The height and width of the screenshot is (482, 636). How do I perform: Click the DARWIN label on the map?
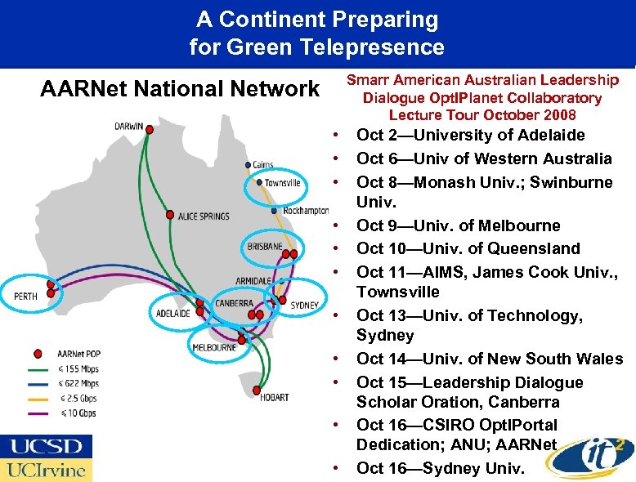click(128, 127)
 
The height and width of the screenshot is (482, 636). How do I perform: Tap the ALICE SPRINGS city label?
click(204, 216)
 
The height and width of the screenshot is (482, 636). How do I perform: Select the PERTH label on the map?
click(25, 296)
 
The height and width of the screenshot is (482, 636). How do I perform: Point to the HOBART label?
click(274, 397)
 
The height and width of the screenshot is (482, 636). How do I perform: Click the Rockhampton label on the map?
click(305, 211)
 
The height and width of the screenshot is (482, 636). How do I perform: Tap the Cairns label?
click(263, 165)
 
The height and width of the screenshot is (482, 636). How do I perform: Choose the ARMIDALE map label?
click(253, 280)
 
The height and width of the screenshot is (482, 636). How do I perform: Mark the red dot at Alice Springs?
click(170, 216)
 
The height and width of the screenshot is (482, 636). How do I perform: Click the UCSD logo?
click(46, 447)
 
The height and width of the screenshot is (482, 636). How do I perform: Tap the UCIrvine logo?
click(46, 470)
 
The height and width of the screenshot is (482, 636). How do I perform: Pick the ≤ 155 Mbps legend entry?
click(77, 368)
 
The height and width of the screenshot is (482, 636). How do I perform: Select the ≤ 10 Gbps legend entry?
click(77, 413)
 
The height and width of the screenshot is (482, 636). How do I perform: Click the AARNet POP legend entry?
click(78, 354)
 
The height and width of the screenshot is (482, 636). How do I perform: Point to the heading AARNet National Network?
click(180, 88)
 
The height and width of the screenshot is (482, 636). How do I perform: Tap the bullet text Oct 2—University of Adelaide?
click(470, 135)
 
